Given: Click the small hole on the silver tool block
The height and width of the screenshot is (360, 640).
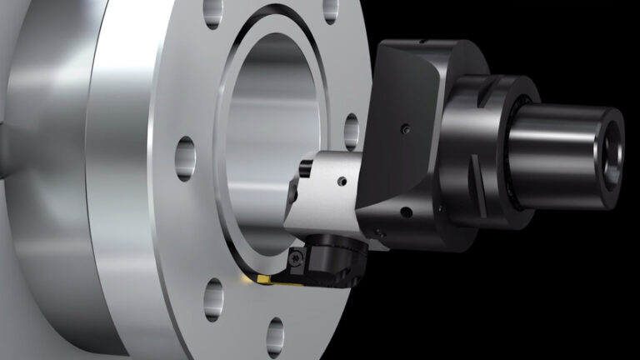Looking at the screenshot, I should pyautogui.click(x=341, y=181).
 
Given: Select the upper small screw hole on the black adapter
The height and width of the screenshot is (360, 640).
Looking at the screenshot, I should pyautogui.click(x=403, y=129).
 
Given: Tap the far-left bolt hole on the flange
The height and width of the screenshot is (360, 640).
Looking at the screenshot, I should pyautogui.click(x=186, y=157).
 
